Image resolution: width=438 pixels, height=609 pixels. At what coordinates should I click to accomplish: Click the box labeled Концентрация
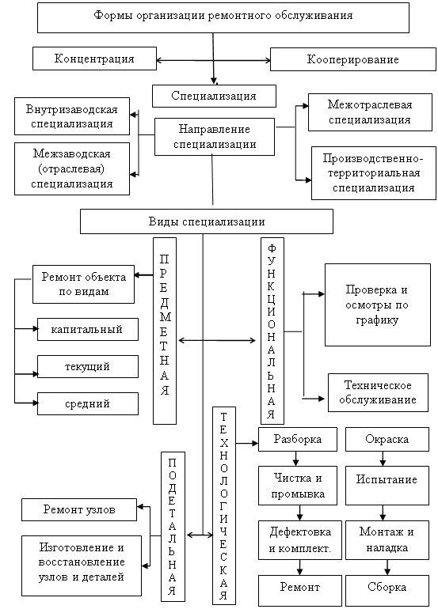[x=94, y=59]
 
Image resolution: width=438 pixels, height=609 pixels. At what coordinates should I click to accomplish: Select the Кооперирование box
[x=352, y=59]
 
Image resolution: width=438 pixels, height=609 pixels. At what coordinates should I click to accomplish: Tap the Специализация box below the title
[x=214, y=96]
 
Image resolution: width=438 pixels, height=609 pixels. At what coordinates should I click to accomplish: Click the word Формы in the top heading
[x=110, y=16]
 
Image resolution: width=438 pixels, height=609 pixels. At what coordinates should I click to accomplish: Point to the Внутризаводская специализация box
[x=72, y=116]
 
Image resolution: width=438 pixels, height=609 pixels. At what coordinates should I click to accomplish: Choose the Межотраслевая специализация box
[x=370, y=112]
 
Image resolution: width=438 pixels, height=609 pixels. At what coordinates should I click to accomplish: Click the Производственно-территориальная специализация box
[x=373, y=173]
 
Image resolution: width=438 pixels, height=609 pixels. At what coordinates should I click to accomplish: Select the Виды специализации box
[x=207, y=221]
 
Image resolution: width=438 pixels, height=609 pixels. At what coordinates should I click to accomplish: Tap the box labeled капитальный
[x=88, y=329]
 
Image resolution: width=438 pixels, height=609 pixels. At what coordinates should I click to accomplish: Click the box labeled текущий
[x=88, y=367]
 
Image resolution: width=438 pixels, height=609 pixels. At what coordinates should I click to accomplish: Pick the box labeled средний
[x=88, y=404]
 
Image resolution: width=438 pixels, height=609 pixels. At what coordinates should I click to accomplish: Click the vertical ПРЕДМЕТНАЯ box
[x=165, y=331]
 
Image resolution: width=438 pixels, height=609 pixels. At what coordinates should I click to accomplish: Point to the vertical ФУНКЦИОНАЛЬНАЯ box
[x=272, y=331]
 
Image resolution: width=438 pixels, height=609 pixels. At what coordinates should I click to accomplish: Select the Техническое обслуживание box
[x=378, y=392]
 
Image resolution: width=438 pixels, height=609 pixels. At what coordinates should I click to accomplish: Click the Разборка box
[x=298, y=439]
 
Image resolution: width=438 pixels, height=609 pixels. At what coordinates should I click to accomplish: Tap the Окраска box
[x=387, y=439]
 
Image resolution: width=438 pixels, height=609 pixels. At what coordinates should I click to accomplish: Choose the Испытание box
[x=387, y=486]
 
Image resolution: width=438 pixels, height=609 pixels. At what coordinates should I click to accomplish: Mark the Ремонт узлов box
[x=79, y=509]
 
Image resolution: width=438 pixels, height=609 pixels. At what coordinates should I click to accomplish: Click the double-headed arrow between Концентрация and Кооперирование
[x=214, y=60]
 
